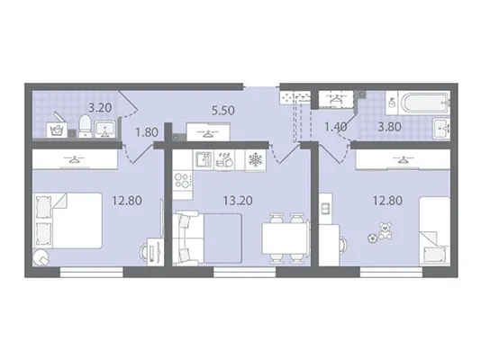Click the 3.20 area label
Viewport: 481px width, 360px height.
[100, 107]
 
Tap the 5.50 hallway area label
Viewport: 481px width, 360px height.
[223, 110]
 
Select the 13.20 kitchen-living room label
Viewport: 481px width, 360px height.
[238, 201]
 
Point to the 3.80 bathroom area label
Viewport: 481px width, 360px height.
[389, 127]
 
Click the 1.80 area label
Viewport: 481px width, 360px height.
[147, 132]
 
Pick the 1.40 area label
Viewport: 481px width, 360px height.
[336, 126]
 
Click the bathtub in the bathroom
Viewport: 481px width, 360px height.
[424, 103]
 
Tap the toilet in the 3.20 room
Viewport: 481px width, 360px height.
[86, 126]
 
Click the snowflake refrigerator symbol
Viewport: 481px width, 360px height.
[256, 160]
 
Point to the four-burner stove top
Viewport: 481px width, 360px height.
[183, 181]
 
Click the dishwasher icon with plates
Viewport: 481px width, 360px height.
[224, 159]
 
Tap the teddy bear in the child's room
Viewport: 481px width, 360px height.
[385, 230]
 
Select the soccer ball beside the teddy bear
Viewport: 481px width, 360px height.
[373, 238]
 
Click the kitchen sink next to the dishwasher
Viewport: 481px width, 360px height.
[204, 159]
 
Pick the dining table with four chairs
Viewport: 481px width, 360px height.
[286, 238]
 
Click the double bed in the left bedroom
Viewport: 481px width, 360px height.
[68, 220]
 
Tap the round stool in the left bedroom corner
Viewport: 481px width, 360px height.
[41, 257]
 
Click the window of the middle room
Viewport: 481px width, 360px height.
[245, 272]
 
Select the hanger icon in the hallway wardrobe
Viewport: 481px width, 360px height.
[209, 133]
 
